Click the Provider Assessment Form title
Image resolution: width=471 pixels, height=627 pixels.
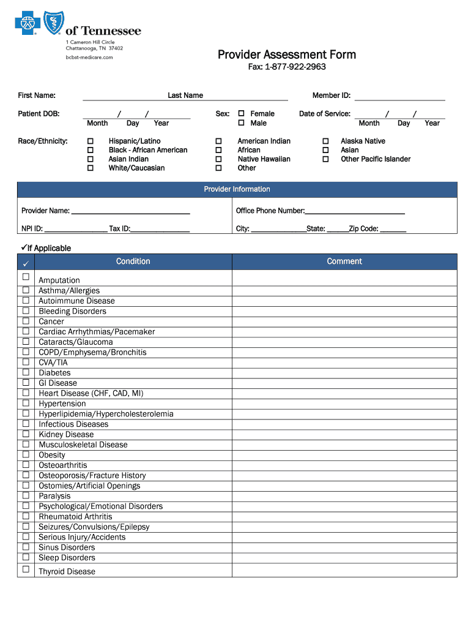(x=286, y=54)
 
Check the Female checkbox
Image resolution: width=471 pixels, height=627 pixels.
(x=242, y=114)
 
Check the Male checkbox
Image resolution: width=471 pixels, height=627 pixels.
(x=242, y=123)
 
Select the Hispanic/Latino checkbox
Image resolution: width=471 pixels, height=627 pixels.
(x=91, y=141)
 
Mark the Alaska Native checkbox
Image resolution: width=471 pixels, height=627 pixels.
(x=325, y=141)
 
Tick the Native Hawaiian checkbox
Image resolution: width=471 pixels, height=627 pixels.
(x=218, y=159)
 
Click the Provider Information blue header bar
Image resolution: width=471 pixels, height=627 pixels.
(x=237, y=189)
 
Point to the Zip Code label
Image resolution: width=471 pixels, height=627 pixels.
(x=363, y=229)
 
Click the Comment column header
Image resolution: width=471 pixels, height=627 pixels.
(x=344, y=261)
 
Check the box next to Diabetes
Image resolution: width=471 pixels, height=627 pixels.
(x=26, y=372)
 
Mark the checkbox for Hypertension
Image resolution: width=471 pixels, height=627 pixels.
(x=26, y=403)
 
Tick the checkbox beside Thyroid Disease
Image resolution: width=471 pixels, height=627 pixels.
(x=26, y=569)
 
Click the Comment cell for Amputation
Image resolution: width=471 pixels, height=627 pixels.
(x=344, y=279)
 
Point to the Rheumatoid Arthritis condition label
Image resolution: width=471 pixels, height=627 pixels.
(x=75, y=517)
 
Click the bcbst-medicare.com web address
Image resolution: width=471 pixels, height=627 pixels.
(x=89, y=58)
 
